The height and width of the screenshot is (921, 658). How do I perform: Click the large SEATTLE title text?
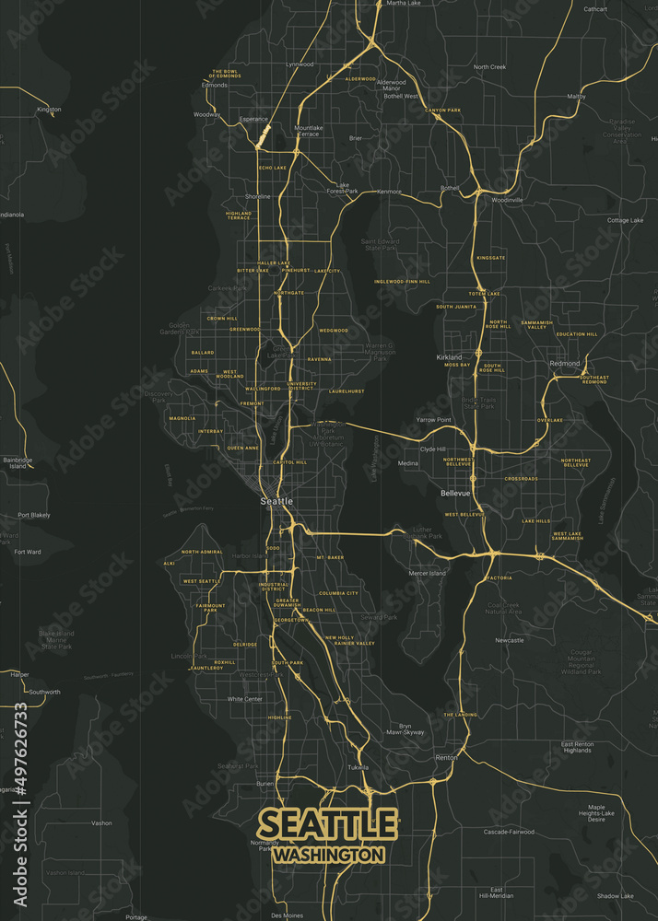(x=328, y=822)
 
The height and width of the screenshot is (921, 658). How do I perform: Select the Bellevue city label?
(x=455, y=494)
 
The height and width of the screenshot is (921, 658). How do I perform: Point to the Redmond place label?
(x=565, y=364)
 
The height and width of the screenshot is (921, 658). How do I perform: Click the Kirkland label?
(x=449, y=356)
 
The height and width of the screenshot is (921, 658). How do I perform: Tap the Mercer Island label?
(x=428, y=573)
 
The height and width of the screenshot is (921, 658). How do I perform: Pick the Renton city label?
(x=446, y=757)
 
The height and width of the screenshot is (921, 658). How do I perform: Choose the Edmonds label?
(x=215, y=85)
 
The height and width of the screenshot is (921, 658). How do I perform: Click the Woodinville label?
(x=507, y=199)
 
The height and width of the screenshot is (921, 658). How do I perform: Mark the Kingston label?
(x=49, y=109)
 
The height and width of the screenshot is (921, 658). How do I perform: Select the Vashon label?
(x=101, y=823)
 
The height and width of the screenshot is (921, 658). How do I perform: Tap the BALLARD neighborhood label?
(x=203, y=353)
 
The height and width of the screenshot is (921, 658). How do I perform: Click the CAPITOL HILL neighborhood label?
(x=290, y=462)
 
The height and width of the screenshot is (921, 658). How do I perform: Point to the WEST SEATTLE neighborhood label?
(x=201, y=581)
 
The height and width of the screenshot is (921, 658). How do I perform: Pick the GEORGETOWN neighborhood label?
(x=291, y=620)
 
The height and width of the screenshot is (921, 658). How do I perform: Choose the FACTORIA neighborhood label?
(x=499, y=577)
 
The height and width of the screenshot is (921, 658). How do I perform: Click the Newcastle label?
(x=509, y=640)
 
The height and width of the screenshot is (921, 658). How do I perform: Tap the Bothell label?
(x=450, y=188)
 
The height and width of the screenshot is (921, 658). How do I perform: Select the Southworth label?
(x=44, y=692)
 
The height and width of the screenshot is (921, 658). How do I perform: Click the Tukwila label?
(x=358, y=767)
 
